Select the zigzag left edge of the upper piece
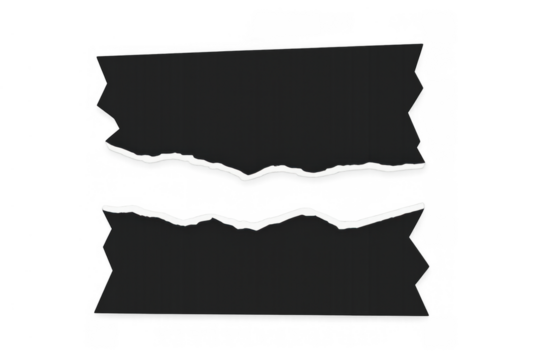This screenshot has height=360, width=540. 103,100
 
